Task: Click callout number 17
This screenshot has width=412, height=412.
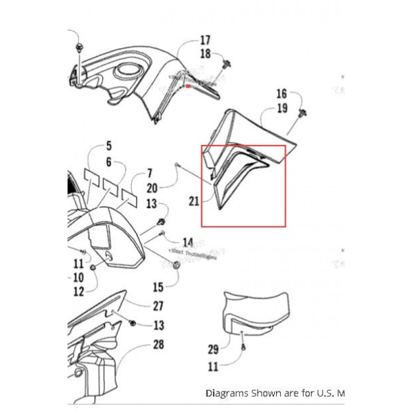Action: (x=205, y=40)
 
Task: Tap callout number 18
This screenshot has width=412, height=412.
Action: (x=205, y=54)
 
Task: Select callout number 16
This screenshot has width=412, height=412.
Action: (x=281, y=94)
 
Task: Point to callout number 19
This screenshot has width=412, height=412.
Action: (x=281, y=108)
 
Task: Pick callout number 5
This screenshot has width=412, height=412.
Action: (x=108, y=146)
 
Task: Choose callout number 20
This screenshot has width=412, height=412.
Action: (x=152, y=187)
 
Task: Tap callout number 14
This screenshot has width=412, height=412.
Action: (x=187, y=242)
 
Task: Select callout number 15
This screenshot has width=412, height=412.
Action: (x=157, y=287)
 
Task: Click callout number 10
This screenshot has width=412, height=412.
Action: (x=76, y=277)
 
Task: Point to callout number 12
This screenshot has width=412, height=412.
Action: (x=78, y=292)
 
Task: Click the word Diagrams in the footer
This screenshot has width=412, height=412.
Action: (x=229, y=393)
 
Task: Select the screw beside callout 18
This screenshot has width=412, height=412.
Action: (x=226, y=66)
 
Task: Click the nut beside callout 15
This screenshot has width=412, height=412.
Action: (x=176, y=266)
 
